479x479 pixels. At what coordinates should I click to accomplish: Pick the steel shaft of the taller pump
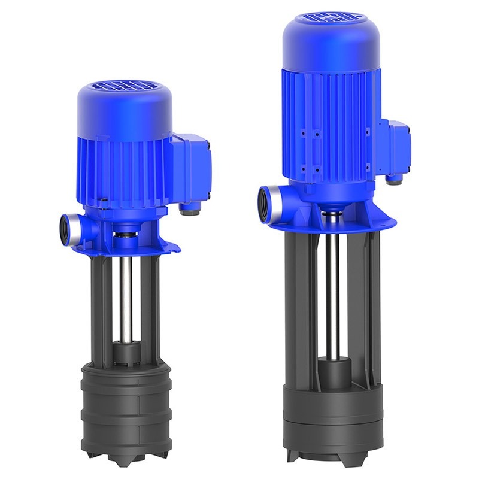(331, 281)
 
